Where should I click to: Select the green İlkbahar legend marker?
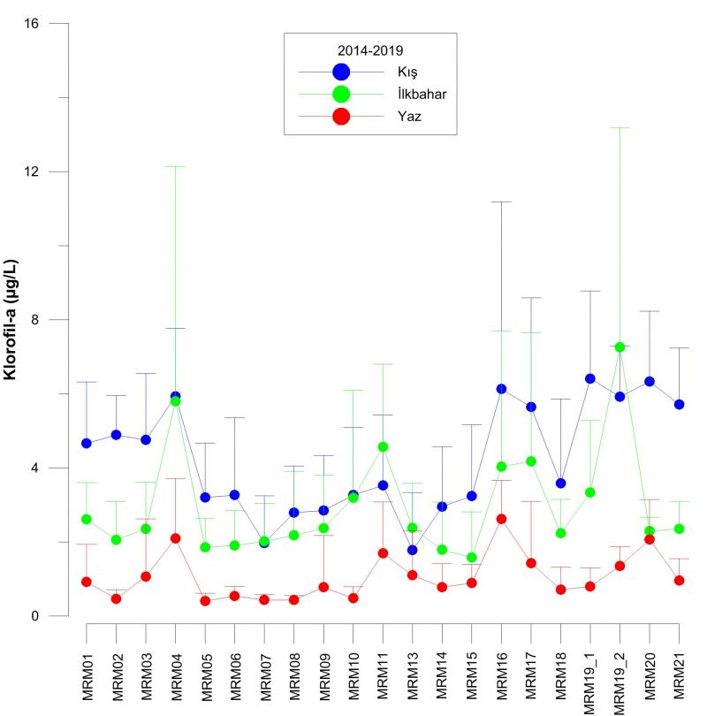[341, 94]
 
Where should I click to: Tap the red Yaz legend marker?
[341, 116]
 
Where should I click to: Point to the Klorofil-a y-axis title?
[11, 320]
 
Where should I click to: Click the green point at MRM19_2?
[620, 347]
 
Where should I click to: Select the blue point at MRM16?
[502, 389]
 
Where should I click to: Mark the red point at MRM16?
[502, 519]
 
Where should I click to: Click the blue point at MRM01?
[87, 443]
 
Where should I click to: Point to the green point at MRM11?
[383, 447]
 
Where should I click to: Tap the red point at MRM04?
[176, 538]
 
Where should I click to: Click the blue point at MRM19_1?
[590, 378]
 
